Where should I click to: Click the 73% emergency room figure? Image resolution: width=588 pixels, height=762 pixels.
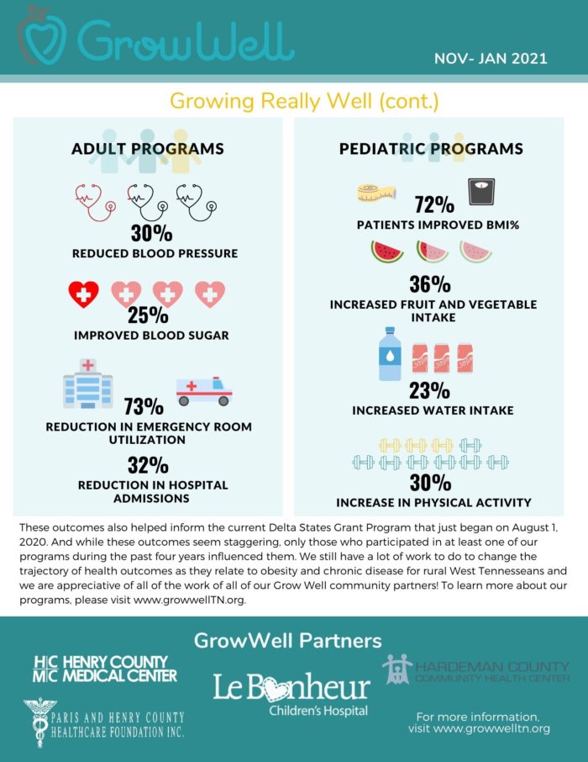pos(144,407)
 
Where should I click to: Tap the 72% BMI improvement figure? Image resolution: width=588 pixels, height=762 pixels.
pos(434,204)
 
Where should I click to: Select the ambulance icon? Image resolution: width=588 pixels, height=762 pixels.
pos(203,390)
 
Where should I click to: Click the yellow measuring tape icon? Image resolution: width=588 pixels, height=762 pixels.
pos(375,193)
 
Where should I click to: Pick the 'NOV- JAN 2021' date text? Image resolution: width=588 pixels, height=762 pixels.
pos(491,59)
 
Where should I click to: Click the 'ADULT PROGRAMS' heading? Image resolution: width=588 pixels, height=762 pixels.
pos(147,149)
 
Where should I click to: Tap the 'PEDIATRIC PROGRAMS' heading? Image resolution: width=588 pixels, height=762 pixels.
pos(431,149)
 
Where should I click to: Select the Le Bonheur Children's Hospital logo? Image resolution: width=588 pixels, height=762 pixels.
pos(291,693)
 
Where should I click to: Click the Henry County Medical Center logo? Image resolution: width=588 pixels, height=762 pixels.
pos(105,669)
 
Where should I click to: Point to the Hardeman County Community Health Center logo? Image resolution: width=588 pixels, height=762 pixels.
pos(476,669)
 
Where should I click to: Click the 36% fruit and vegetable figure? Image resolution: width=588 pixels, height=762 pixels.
pos(431,284)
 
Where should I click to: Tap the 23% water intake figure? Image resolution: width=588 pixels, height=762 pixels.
pos(431,390)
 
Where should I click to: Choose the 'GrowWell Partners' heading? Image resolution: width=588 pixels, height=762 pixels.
pos(288,640)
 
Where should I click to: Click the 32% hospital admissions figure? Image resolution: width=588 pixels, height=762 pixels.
pos(148,465)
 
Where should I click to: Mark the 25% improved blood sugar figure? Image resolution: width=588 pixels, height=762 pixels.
pos(147,315)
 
